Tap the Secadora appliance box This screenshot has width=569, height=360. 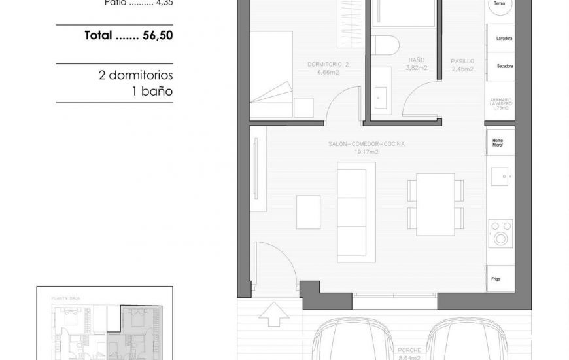(x=500, y=66)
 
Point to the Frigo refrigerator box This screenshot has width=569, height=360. (x=500, y=279)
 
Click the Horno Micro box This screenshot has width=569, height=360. (x=500, y=142)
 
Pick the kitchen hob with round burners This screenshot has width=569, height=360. (x=501, y=234)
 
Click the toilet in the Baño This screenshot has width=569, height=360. (x=385, y=46)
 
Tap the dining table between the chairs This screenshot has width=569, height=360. (x=435, y=204)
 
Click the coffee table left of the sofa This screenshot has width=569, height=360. (x=308, y=211)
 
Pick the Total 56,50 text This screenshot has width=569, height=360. (x=129, y=36)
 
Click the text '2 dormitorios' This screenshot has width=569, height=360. (x=135, y=75)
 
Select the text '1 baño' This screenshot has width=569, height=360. (x=152, y=91)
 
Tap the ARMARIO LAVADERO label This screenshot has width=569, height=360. (x=500, y=103)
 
